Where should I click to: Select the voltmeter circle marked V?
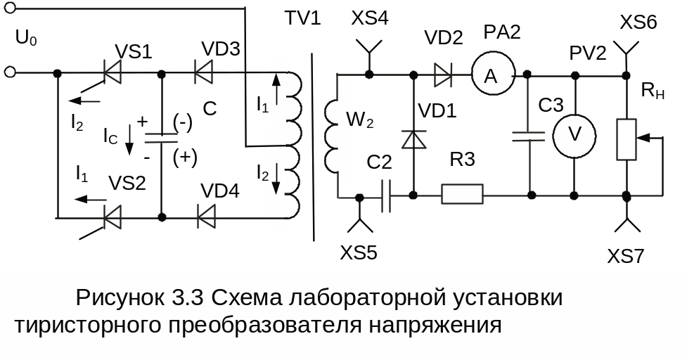tap(574, 134)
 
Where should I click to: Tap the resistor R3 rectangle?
tap(462, 194)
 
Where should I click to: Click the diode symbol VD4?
tap(206, 217)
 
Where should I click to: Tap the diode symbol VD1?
tap(413, 139)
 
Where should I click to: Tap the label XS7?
tap(626, 256)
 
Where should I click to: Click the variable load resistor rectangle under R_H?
tap(625, 139)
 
